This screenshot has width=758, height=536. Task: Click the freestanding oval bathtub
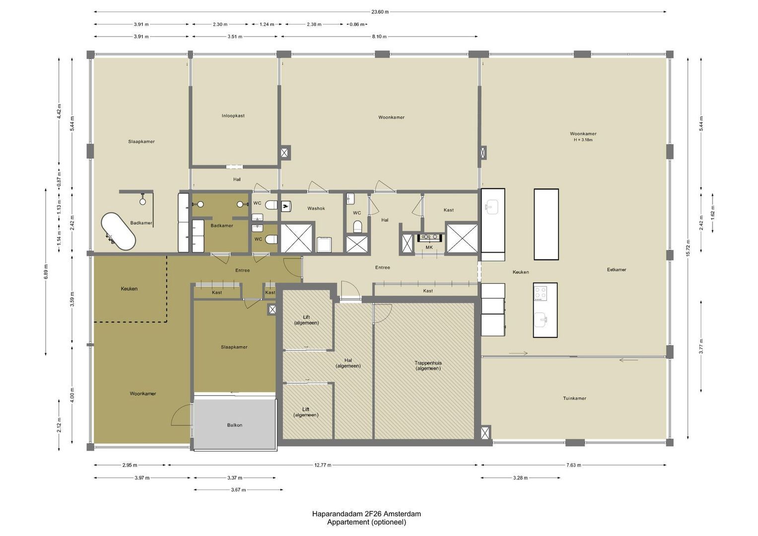coord(119,232)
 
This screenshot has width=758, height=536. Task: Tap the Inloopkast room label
coord(233,116)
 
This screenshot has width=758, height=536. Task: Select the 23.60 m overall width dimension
coord(380,12)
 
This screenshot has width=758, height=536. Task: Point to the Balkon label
coord(234,425)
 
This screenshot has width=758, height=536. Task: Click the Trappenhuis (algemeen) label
coord(428,365)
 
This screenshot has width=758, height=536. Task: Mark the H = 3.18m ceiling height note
coord(583,140)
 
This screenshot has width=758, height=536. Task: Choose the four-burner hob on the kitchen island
coord(540,293)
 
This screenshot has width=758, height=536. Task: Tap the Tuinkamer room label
coord(575,398)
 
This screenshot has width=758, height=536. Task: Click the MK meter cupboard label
coord(429,247)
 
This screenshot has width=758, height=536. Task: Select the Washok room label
coord(316,208)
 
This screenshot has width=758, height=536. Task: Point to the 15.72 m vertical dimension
coord(688,248)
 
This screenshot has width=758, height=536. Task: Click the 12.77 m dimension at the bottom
coord(323,465)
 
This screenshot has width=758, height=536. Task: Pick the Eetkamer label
coord(617,269)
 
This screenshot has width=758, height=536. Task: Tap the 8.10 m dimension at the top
coord(379,37)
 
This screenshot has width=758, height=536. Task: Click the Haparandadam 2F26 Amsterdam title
coord(366,514)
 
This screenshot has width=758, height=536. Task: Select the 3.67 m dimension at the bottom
coord(238,490)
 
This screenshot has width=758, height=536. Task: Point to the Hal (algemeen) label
coord(348,363)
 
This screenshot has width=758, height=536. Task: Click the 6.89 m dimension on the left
coord(46,271)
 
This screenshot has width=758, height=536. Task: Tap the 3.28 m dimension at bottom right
coord(520,478)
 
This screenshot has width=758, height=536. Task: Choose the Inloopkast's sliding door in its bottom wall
coord(234,166)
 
